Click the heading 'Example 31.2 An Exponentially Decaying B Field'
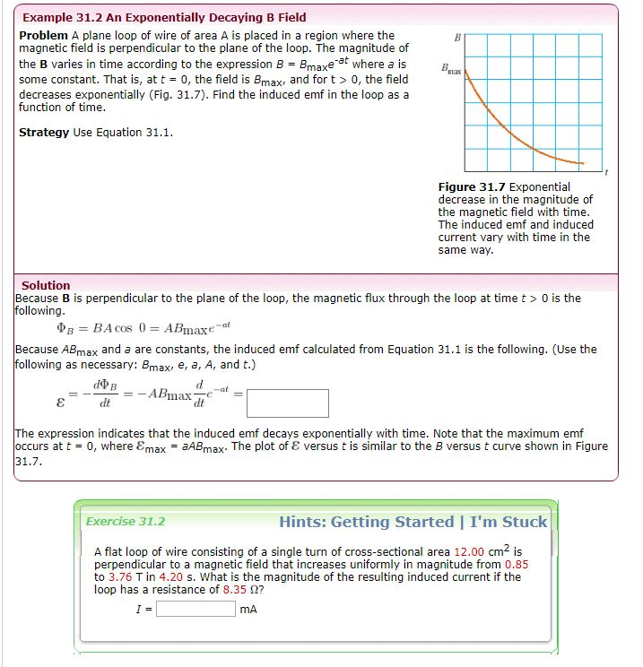coord(164,17)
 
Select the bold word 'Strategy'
coord(44,133)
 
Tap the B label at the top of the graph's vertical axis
coord(457,38)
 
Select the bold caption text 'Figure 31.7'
coord(472,186)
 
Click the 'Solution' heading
coord(46,285)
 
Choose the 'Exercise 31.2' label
coord(126,521)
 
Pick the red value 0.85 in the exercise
coord(517,564)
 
